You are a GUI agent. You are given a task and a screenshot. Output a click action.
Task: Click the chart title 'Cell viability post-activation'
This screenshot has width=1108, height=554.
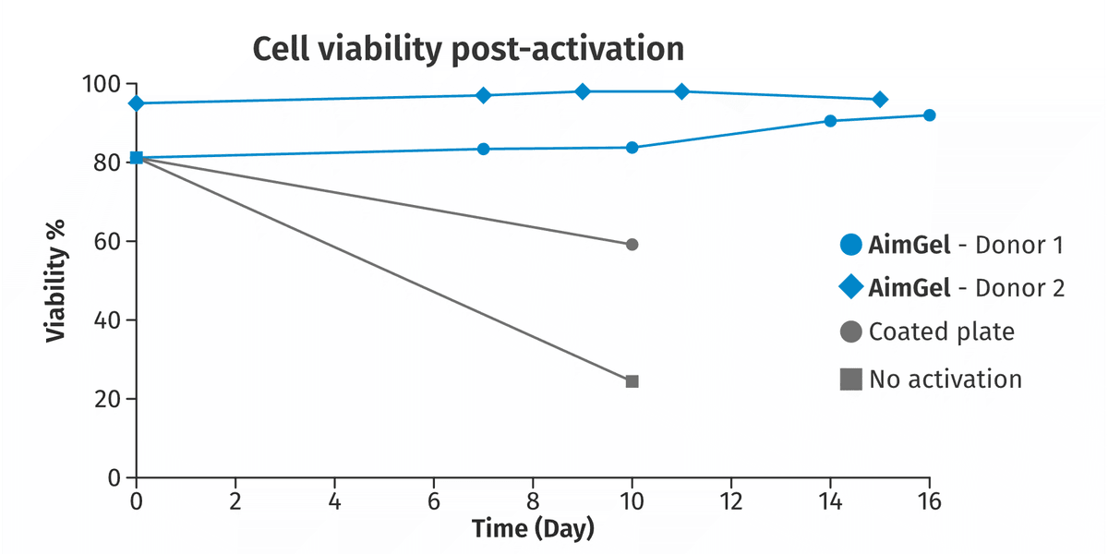468,50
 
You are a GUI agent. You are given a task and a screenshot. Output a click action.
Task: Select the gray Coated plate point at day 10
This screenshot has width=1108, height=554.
632,245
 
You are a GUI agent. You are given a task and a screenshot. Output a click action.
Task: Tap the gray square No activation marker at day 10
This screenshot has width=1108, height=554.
632,381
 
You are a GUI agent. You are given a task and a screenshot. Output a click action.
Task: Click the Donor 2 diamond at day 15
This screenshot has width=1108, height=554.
879,100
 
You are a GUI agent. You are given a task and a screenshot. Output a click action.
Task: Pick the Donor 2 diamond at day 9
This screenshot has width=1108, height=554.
583,91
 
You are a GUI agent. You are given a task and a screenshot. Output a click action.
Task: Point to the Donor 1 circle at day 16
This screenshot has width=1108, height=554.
930,115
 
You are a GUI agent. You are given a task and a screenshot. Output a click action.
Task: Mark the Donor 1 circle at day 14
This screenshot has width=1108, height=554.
830,121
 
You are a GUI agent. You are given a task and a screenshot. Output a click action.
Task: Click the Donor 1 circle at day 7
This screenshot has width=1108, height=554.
483,149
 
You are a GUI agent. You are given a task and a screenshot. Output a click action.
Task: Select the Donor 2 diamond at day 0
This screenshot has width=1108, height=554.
137,103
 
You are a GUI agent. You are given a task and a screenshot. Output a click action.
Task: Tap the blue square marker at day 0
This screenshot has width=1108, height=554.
137,158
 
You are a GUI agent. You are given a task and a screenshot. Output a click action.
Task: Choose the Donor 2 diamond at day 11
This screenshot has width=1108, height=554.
681,91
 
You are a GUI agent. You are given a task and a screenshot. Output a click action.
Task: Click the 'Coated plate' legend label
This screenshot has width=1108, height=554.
941,331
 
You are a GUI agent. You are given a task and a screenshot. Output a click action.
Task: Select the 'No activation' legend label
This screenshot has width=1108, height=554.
945,379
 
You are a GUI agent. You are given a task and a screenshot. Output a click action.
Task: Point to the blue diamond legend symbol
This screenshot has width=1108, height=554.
851,287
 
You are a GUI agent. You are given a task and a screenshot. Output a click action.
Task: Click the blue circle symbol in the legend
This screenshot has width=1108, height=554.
851,245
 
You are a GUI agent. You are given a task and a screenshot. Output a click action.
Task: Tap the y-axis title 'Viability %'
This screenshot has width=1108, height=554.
56,281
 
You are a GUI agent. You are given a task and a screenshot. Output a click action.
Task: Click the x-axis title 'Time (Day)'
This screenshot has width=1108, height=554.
533,529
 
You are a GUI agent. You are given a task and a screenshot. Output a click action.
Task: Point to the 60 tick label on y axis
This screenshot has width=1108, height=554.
107,242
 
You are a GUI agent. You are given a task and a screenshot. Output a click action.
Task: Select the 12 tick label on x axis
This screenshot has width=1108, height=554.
730,502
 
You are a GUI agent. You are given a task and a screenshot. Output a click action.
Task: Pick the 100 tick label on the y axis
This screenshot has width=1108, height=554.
102,85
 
